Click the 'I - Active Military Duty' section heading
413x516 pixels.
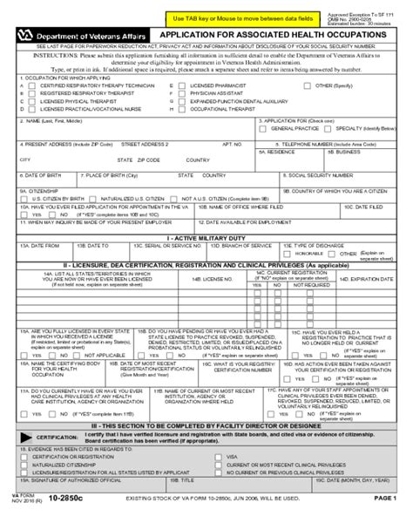click(206, 237)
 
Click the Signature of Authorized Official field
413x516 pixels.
click(113, 487)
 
